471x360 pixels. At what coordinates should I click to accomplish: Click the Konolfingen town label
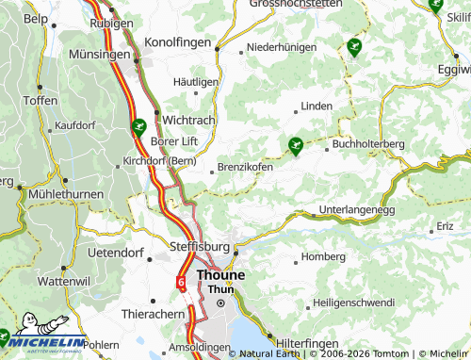click(x=182, y=42)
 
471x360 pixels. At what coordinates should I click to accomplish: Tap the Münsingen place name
click(x=100, y=56)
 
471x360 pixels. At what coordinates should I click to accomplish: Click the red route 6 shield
click(x=180, y=281)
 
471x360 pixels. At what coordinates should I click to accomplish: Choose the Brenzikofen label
click(x=245, y=167)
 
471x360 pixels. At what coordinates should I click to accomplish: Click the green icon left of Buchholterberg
click(x=295, y=145)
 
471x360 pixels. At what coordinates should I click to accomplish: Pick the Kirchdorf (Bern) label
click(x=159, y=161)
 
